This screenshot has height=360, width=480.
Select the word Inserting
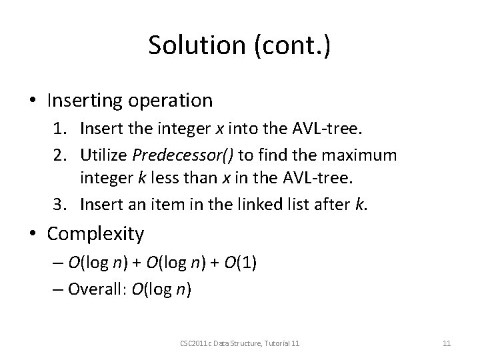coord(85,101)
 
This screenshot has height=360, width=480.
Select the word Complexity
coord(96,234)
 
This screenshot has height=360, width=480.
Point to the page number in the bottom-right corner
coord(447,343)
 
